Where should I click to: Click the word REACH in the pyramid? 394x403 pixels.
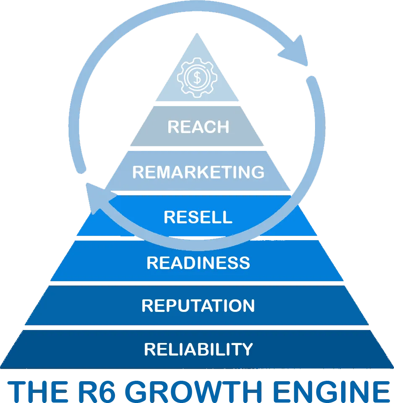198,127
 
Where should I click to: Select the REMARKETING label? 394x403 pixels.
198,172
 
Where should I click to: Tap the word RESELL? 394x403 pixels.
198,217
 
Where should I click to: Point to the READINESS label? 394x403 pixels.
198,263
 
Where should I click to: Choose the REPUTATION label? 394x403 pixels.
198,306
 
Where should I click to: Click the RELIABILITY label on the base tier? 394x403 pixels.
198,349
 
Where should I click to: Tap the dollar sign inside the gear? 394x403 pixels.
197,77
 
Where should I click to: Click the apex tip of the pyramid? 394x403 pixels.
197,34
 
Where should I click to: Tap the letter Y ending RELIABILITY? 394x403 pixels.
248,349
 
